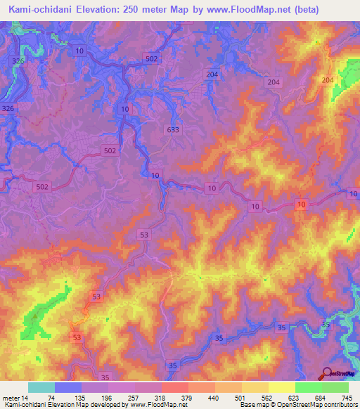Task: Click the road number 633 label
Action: pyautogui.click(x=172, y=129)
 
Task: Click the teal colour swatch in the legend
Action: pyautogui.click(x=41, y=387)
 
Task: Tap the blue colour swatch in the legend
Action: pyautogui.click(x=67, y=387)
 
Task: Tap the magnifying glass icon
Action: pyautogui.click(x=327, y=373)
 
